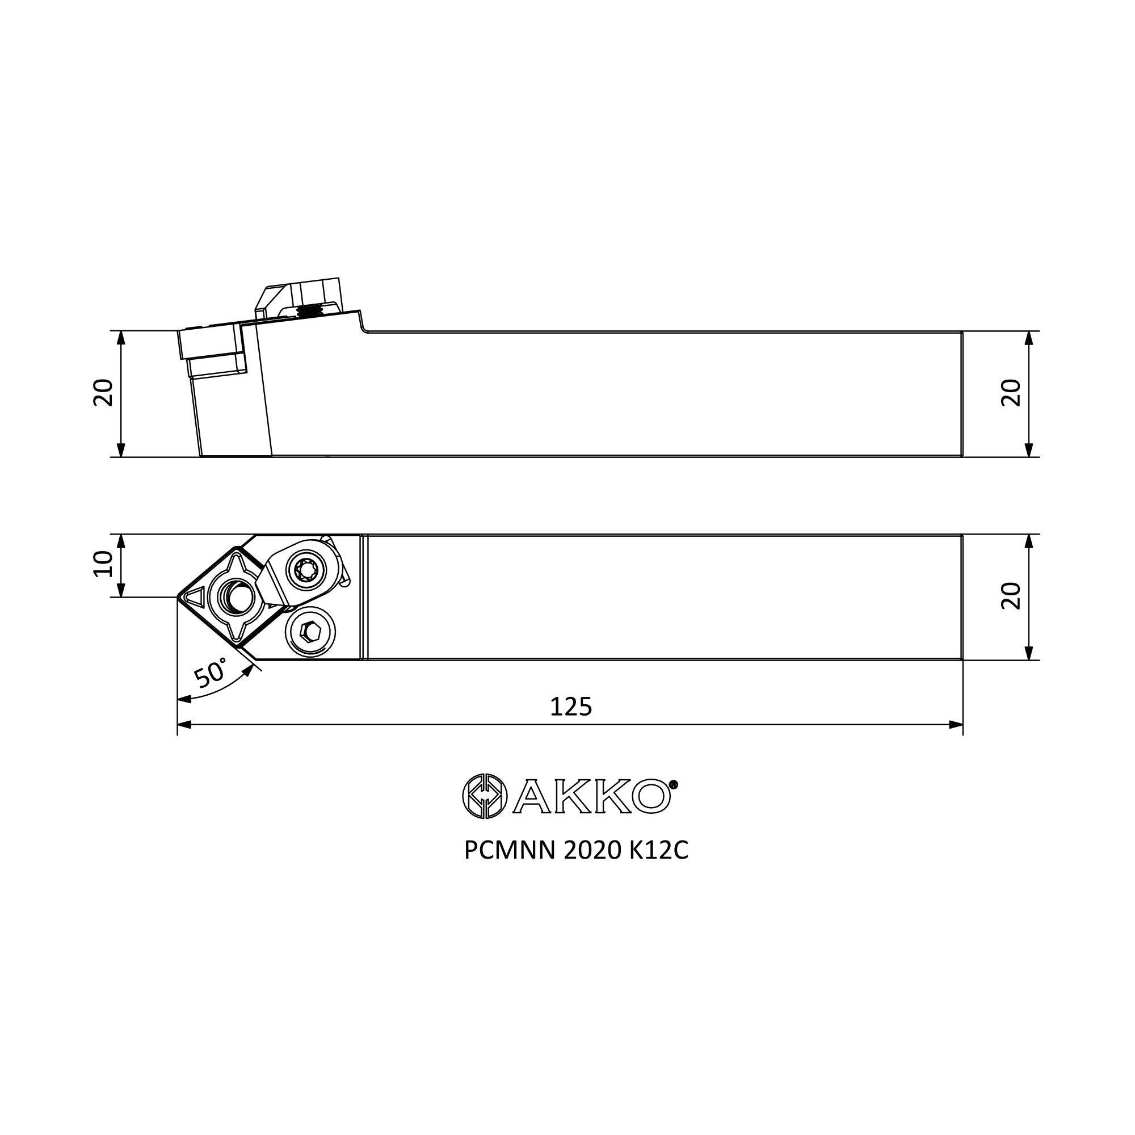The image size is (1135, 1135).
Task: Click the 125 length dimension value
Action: click(570, 706)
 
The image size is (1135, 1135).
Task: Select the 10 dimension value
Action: click(103, 564)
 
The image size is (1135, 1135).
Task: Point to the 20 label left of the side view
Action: click(103, 393)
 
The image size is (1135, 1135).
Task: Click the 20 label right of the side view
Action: click(1011, 393)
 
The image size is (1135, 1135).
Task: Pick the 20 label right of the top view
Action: click(1011, 596)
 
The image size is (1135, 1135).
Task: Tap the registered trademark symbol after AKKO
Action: click(674, 784)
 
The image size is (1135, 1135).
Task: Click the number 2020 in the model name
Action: click(592, 850)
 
